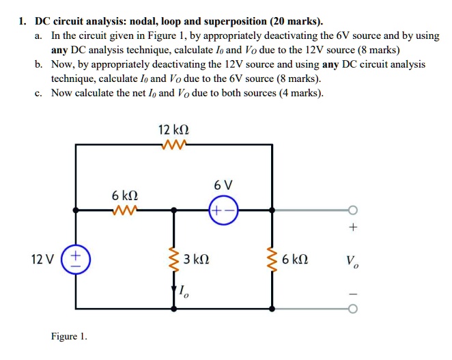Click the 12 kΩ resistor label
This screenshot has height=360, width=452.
[173, 130]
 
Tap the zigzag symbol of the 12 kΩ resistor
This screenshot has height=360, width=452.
[173, 144]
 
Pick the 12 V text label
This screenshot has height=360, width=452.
[44, 260]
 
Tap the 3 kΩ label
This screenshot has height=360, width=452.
[197, 260]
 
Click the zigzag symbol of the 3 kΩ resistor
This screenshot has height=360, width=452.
[173, 260]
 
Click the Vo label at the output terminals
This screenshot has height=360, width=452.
[352, 260]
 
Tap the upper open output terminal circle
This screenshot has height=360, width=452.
[353, 210]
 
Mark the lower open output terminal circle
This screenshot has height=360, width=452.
[353, 309]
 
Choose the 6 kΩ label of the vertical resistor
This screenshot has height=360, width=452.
[295, 260]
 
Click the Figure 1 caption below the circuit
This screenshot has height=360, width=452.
[69, 337]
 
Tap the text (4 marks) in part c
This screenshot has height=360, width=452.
[296, 94]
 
